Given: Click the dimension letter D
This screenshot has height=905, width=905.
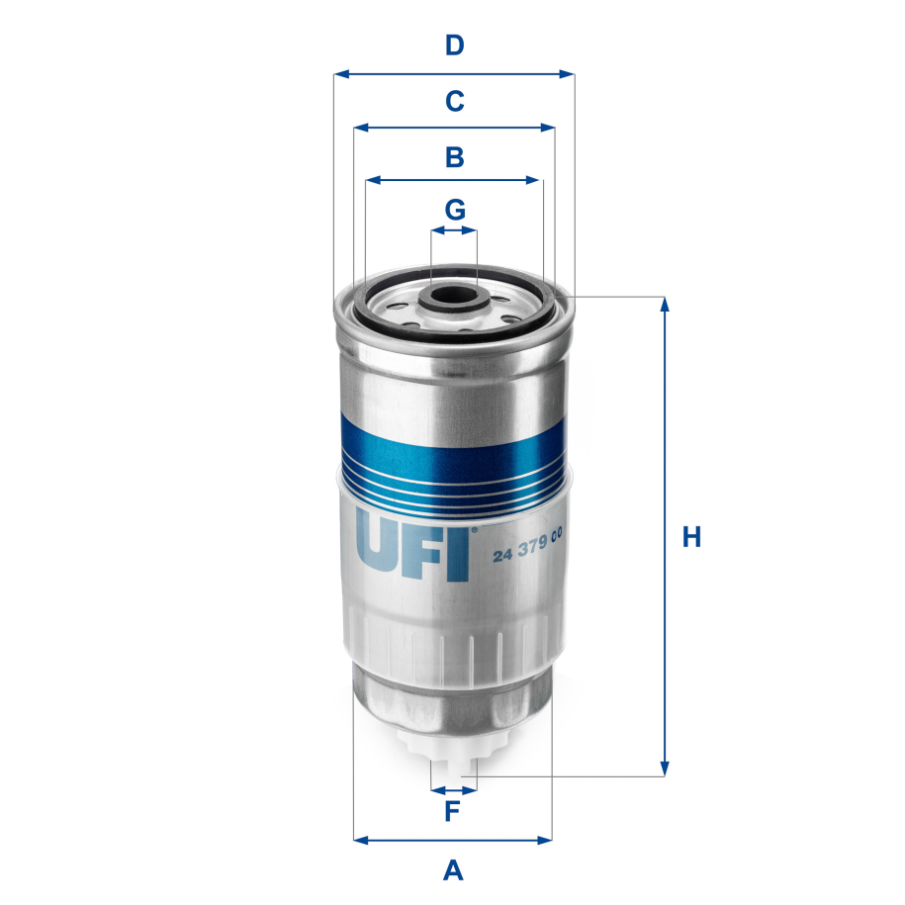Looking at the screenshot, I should point(454,45).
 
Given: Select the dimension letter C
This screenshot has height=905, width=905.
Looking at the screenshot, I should point(454,101).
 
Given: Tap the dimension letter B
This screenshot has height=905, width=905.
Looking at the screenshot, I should point(454,157).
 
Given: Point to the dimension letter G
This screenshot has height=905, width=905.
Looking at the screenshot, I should point(454,210).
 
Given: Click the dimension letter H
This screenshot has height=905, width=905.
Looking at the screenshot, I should point(691,538).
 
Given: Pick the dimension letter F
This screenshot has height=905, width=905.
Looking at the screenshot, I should point(452,813).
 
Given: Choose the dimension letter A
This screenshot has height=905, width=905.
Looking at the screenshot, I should point(453,870).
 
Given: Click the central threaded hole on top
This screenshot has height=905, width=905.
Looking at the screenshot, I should point(454,294).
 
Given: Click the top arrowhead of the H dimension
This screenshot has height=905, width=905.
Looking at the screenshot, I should point(665,304).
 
